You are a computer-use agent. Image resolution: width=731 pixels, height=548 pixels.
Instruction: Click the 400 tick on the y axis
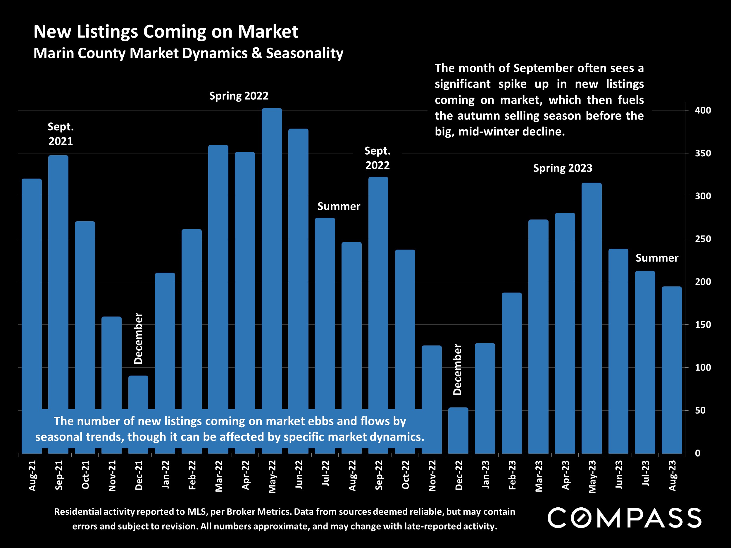pos(703,110)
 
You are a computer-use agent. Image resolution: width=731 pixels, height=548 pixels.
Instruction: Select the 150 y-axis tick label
pos(703,325)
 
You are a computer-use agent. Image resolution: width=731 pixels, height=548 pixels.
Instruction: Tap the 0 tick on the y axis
pos(698,453)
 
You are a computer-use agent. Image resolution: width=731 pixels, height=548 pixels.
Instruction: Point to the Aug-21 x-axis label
pos(32,475)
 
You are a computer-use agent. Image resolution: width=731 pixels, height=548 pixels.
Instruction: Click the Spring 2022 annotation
pos(239,96)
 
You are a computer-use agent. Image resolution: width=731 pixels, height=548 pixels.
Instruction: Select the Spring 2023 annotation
pos(563,168)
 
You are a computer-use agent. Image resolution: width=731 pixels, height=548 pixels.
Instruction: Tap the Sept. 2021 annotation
pos(61,134)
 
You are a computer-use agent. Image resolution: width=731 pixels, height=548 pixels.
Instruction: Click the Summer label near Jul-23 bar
pos(657,258)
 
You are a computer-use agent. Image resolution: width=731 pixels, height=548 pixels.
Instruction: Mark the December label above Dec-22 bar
pos(457,370)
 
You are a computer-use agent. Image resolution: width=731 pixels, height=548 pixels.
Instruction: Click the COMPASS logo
pos(624,518)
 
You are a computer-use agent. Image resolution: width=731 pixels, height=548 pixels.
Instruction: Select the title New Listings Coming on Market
pos(165,32)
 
